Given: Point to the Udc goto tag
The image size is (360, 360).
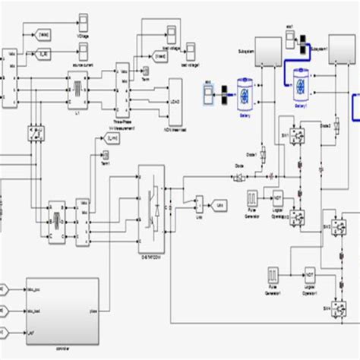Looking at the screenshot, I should coord(219,204).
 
